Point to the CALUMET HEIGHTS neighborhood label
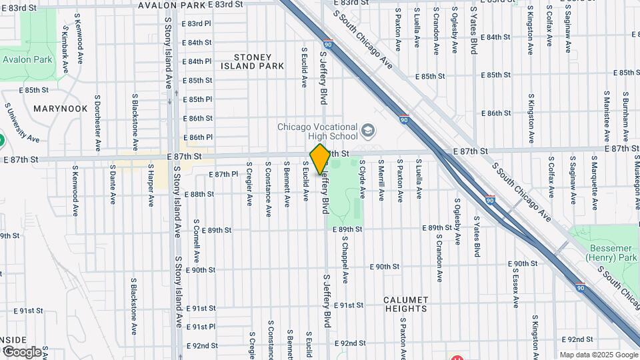405,304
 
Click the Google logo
21,351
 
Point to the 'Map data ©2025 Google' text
598,355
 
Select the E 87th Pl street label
223,174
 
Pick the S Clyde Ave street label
363,178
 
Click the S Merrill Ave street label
381,182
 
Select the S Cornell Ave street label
197,240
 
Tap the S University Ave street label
22,124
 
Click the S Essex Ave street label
515,284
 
